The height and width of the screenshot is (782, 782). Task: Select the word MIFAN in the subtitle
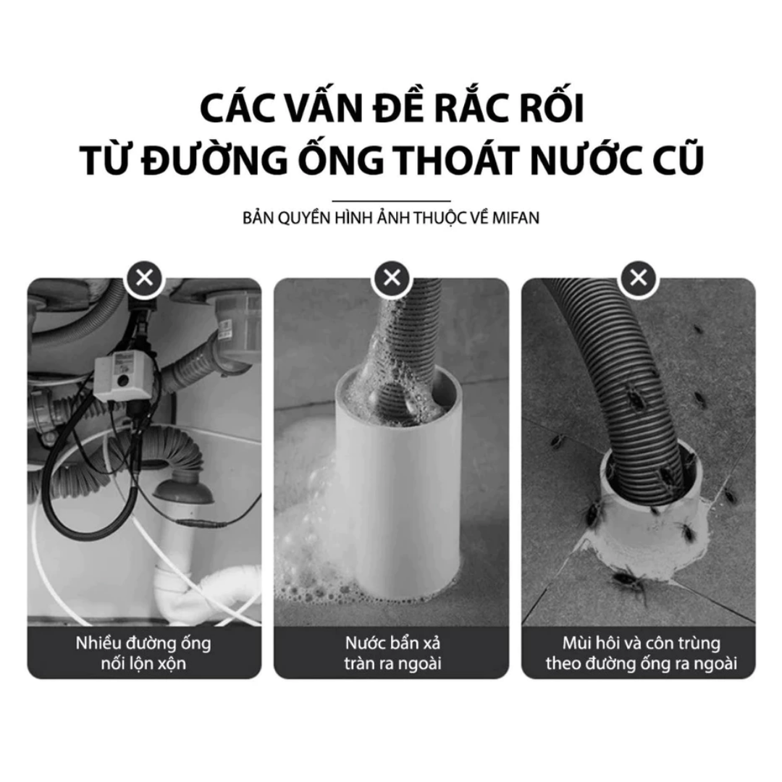516,218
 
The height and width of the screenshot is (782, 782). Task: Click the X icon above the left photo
145,277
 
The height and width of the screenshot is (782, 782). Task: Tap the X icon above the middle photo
392,277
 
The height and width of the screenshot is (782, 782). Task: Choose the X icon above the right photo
639,277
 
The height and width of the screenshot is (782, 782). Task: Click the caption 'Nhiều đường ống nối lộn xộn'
143,653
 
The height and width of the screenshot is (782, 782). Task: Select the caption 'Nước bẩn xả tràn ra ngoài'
392,653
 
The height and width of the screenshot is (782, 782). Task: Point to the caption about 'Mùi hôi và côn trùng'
641,653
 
